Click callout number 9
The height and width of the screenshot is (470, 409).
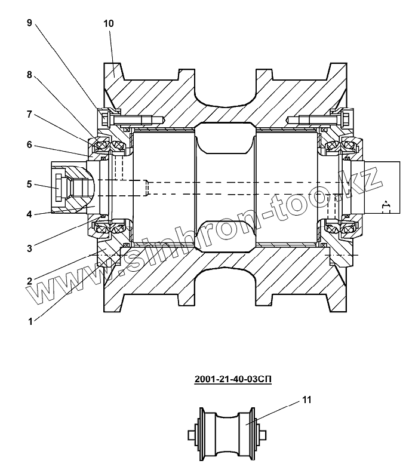29,23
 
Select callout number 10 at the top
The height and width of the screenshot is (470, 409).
109,23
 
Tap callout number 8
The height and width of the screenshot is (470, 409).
29,75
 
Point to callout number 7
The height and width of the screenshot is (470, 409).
29,114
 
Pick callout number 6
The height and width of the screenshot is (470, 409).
29,145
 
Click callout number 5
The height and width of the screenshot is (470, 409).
29,184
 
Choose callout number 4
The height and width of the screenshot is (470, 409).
29,214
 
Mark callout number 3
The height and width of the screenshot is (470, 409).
29,248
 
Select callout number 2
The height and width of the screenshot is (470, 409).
29,281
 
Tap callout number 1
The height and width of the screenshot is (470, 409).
30,322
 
